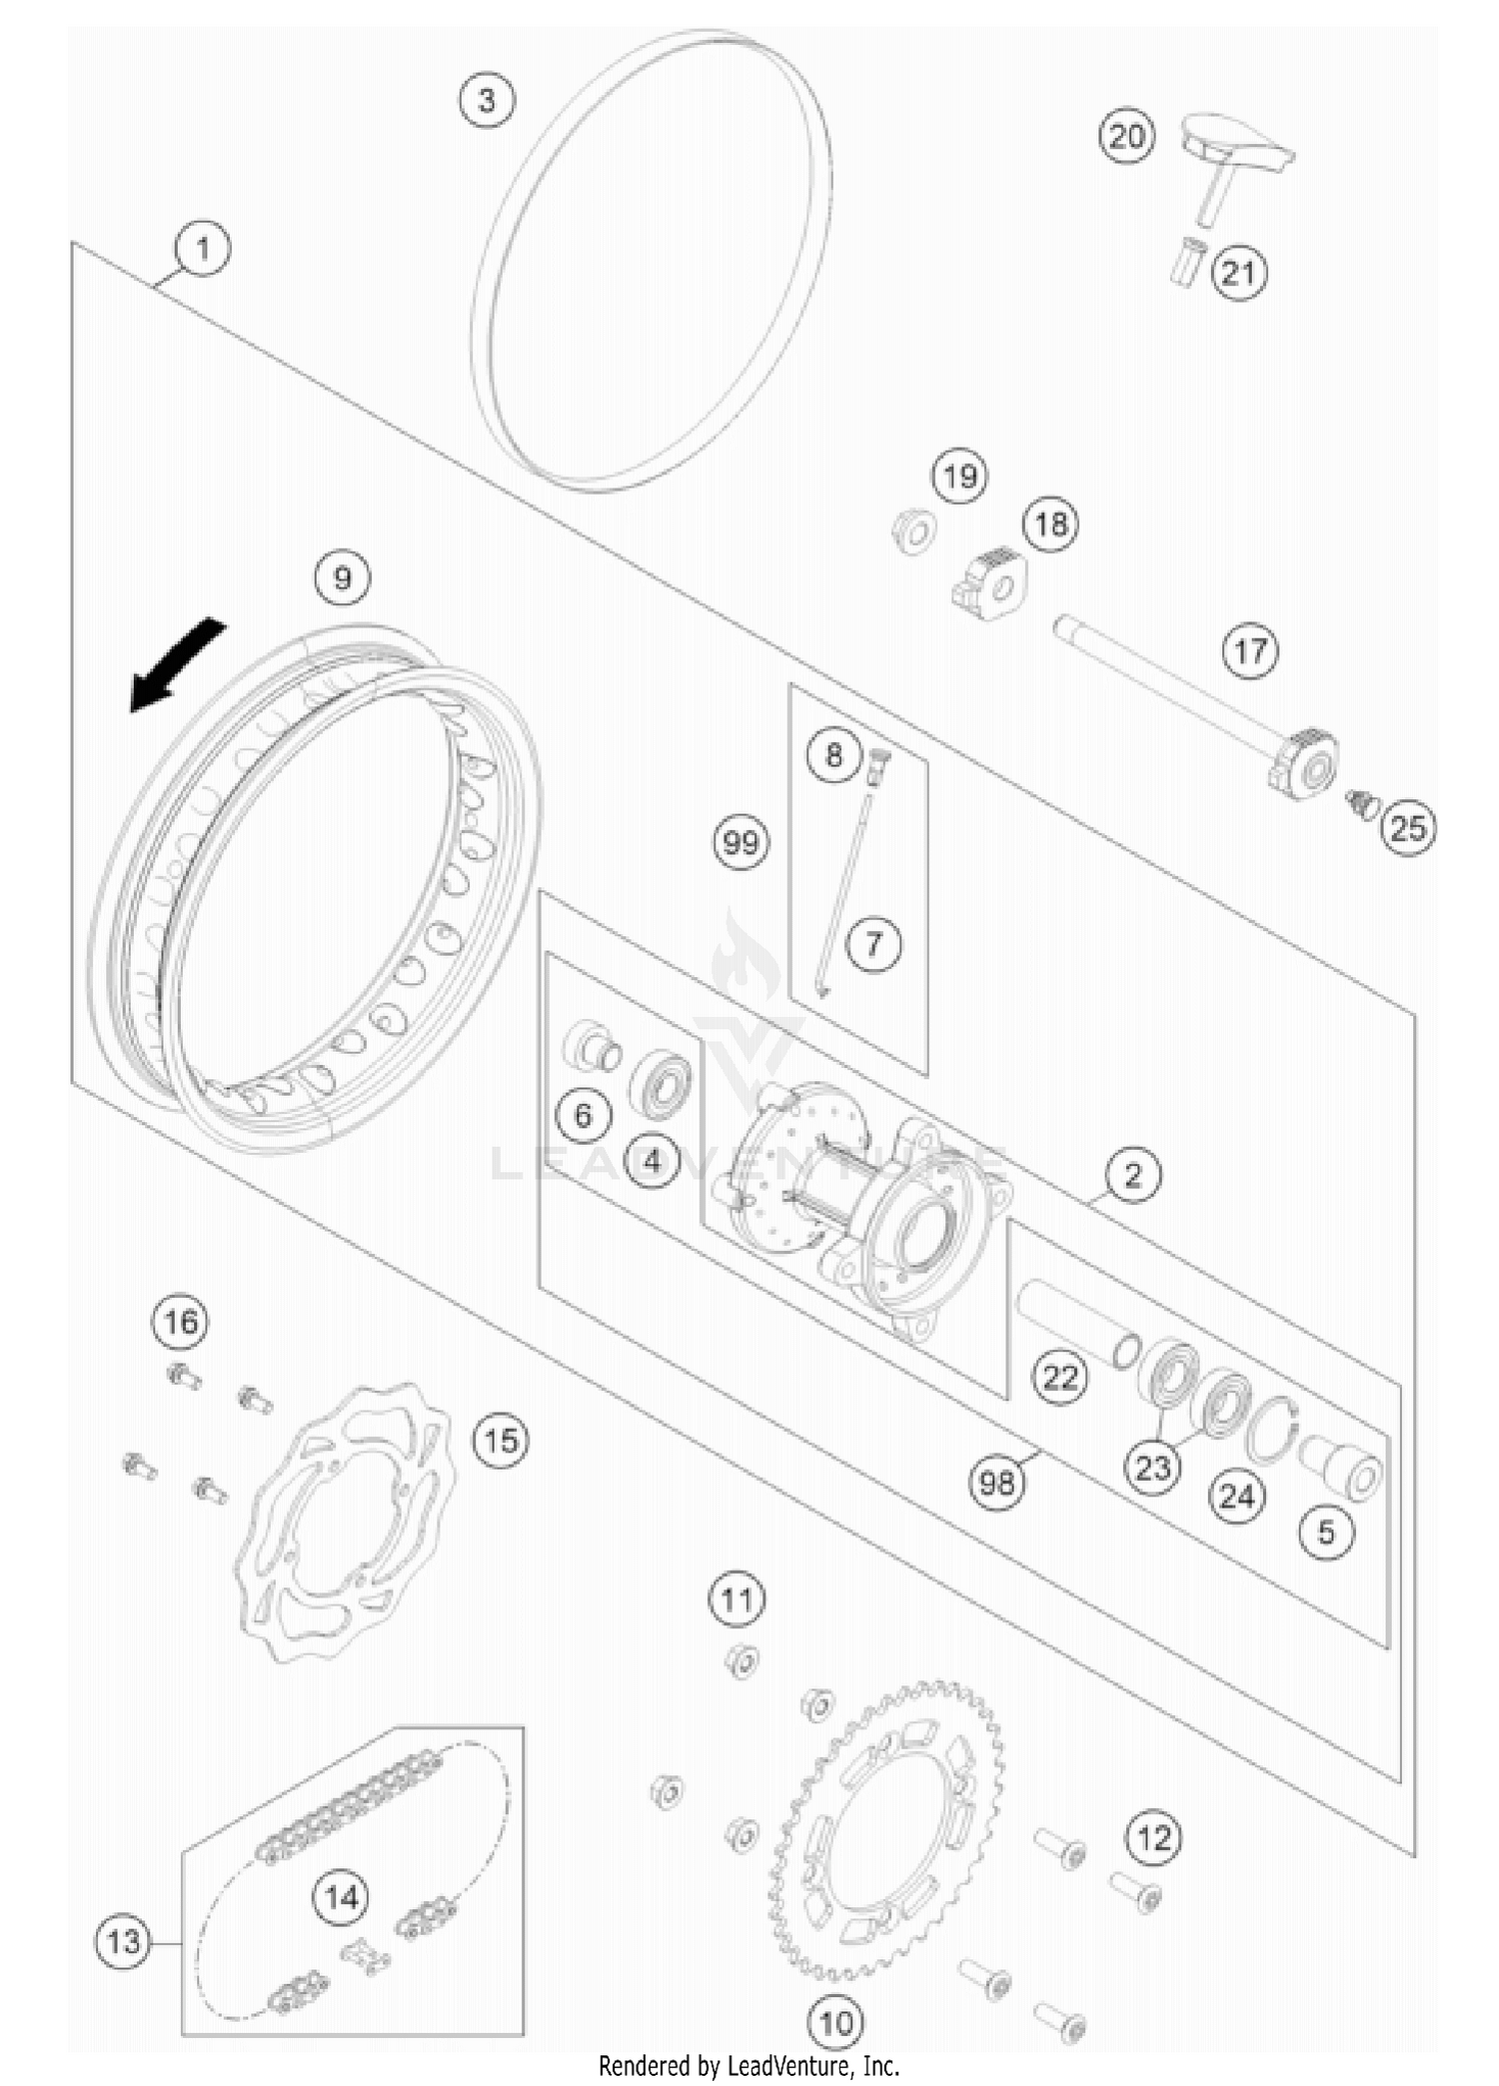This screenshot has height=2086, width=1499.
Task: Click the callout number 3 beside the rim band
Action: coord(487,100)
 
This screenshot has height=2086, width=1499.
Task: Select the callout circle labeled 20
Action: coord(1126,136)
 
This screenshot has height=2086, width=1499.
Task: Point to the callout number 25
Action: coord(1408,827)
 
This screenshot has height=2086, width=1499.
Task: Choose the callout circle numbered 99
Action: coord(741,843)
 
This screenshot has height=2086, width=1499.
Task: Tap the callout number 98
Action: coord(996,1483)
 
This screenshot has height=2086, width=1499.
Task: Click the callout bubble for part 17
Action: coord(1250,651)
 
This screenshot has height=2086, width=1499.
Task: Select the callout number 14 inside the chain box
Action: coord(342,1897)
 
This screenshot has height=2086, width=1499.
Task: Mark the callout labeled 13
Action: coord(123,1942)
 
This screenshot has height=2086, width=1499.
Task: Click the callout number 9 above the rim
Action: coord(343,577)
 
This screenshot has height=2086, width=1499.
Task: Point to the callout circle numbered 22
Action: coord(1059,1378)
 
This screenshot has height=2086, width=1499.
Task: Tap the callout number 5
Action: coord(1326,1532)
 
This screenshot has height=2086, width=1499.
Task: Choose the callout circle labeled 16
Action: coord(181,1322)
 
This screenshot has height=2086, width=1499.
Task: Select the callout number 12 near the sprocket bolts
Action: coord(1153,1837)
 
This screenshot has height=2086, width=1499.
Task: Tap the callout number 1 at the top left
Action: coord(203,248)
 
